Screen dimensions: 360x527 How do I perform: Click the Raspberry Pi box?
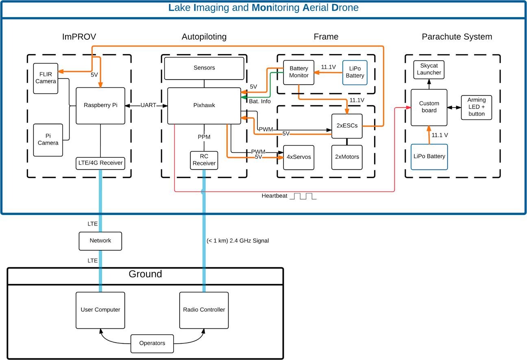point(100,106)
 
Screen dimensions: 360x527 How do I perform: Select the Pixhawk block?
point(204,106)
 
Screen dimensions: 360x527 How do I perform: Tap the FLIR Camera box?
point(46,78)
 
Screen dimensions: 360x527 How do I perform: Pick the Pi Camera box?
point(48,140)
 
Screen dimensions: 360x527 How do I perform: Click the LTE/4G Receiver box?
point(100,163)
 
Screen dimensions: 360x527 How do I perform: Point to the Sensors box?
point(204,68)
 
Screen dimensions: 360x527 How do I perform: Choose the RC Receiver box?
point(204,160)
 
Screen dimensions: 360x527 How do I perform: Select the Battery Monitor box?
point(299,72)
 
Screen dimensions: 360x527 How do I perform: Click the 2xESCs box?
point(347,126)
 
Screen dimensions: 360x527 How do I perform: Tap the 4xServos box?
point(299,157)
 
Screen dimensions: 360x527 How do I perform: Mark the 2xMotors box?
point(347,157)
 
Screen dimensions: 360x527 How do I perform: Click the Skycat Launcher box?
point(429,69)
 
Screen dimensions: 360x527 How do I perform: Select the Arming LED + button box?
point(476,107)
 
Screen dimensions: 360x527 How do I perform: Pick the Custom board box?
point(429,107)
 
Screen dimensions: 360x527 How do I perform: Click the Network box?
point(100,241)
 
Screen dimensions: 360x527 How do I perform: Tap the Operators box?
point(152,343)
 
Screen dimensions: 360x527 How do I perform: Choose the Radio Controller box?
point(204,310)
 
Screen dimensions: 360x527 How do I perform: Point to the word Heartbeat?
point(274,196)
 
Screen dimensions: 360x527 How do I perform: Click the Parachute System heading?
point(457,37)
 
